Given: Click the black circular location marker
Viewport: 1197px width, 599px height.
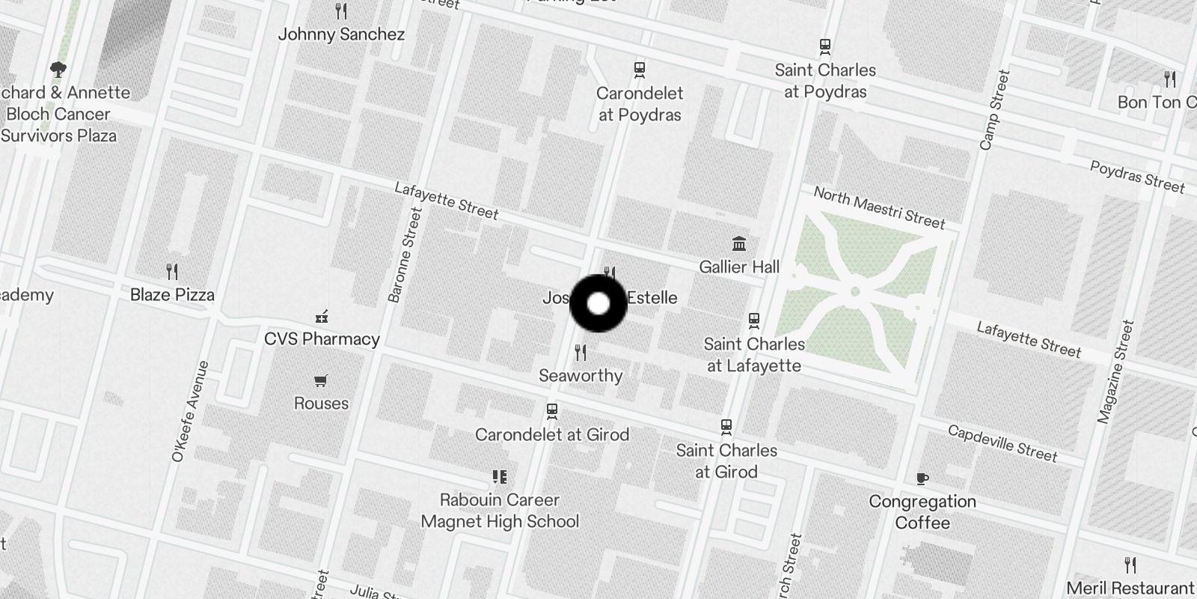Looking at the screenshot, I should [x=598, y=303].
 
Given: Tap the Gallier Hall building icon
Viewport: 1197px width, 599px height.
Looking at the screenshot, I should [x=739, y=244].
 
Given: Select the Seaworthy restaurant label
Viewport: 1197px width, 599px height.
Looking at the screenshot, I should [x=581, y=375].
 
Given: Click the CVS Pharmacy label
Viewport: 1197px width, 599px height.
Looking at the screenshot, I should [x=322, y=338].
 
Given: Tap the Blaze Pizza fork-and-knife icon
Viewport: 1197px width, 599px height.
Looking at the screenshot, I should [x=172, y=272].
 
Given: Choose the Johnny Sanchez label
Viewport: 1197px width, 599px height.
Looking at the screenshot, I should [x=341, y=34].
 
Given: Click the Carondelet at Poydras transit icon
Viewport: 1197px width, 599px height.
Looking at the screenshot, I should [x=640, y=70].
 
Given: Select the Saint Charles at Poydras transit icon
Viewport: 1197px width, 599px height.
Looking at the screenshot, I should [x=825, y=47].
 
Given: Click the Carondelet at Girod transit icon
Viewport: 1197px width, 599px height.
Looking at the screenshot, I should [x=552, y=411].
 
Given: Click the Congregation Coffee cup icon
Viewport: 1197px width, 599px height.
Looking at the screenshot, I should [x=922, y=478].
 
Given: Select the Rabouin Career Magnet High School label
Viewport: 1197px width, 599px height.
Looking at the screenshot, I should [x=500, y=510].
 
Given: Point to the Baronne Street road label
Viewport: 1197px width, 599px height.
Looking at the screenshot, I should [x=406, y=255].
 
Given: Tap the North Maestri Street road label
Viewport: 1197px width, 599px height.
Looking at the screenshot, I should [x=879, y=207].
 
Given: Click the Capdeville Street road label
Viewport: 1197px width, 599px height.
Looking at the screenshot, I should [x=1002, y=443].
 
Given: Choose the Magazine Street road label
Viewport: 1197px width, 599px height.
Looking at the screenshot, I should [x=1116, y=372].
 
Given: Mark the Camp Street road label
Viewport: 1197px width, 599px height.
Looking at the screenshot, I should [x=994, y=110].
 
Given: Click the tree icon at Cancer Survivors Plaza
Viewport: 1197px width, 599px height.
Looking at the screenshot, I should [x=58, y=70].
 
